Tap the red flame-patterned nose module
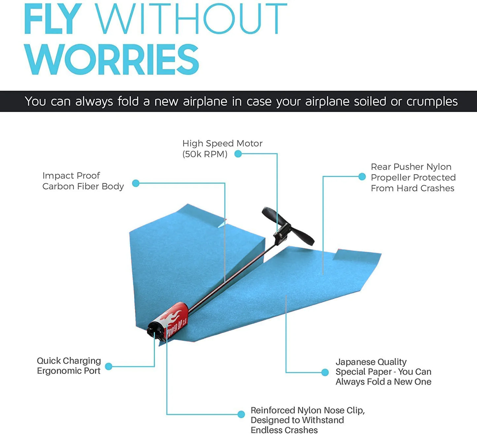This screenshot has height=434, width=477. pos(175,319)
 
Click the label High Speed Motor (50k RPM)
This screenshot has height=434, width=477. pos(222,148)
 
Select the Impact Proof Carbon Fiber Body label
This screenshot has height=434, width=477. pos(83,181)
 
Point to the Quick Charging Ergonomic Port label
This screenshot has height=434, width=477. pos(69,366)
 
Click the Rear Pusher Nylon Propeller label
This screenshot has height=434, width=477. pos(413,177)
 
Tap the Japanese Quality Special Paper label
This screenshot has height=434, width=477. pos(383,372)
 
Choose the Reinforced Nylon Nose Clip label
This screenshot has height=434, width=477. pos(307,420)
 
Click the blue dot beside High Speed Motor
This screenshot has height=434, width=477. pos(238,154)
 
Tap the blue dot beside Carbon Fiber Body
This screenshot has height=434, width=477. pos(136,183)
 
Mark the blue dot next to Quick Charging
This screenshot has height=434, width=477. pos(109,366)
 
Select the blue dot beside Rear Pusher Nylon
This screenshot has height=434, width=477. pos(362,177)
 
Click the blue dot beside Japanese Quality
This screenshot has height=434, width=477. pos(325,372)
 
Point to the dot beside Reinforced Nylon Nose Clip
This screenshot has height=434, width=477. pos(241,414)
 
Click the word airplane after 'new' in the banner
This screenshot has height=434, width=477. pos(205,101)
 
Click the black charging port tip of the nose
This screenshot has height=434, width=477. pos(154,329)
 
